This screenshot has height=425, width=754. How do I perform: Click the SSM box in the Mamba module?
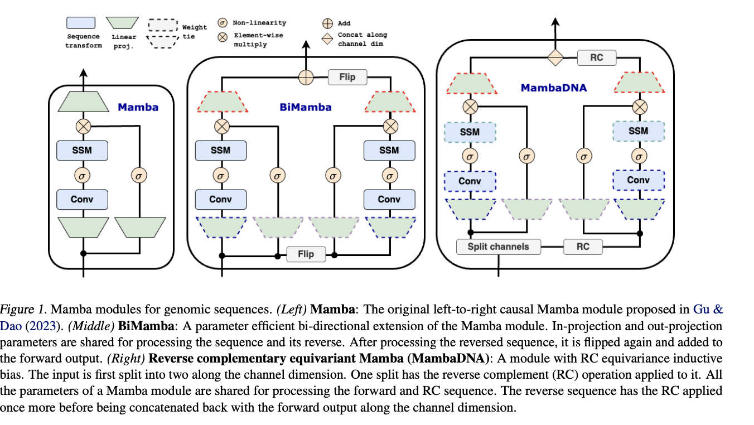[82, 150]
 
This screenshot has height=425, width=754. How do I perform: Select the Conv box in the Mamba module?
[82, 199]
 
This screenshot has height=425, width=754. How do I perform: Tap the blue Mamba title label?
[138, 107]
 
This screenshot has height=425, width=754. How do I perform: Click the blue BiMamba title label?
[305, 107]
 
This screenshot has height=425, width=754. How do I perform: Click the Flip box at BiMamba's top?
[347, 77]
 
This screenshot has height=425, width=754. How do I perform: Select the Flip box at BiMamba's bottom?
[306, 254]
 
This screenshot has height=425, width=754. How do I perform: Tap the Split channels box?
[498, 246]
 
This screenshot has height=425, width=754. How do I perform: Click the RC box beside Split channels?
[583, 246]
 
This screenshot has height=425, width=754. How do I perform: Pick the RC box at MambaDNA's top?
[596, 57]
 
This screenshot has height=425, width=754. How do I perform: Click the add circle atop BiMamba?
[306, 77]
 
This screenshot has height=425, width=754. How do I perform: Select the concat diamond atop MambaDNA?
[555, 57]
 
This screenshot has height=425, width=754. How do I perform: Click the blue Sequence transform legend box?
[81, 23]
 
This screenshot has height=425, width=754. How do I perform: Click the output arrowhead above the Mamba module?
[83, 71]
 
